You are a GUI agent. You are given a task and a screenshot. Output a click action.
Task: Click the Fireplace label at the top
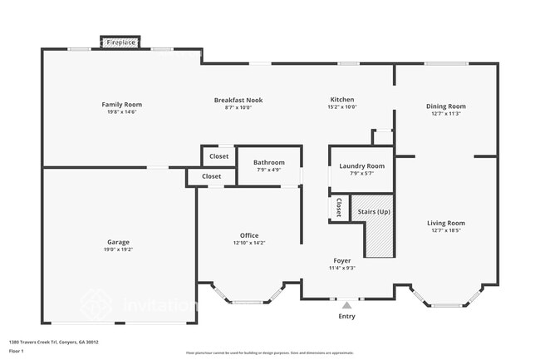121,42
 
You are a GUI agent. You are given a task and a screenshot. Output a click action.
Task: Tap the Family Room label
122,105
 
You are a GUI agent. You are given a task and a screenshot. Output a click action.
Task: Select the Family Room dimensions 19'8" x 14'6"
122,113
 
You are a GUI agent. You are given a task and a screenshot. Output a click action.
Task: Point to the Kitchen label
342,100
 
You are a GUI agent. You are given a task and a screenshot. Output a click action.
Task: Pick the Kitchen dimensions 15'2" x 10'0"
342,107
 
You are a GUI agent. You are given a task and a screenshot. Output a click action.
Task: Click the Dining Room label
446,106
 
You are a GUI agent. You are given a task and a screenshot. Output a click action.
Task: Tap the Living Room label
446,223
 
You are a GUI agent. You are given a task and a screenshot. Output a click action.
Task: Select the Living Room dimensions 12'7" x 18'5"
446,230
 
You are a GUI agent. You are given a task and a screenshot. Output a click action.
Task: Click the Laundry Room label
361,165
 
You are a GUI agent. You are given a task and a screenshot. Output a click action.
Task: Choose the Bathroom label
269,163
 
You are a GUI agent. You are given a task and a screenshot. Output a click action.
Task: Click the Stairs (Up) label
374,212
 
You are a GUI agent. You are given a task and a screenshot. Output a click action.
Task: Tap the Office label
249,235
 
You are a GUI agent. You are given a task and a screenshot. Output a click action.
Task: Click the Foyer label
342,260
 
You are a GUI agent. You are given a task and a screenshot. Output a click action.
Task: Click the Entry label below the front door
346,316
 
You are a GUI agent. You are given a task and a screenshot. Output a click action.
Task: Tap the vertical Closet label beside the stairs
339,208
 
